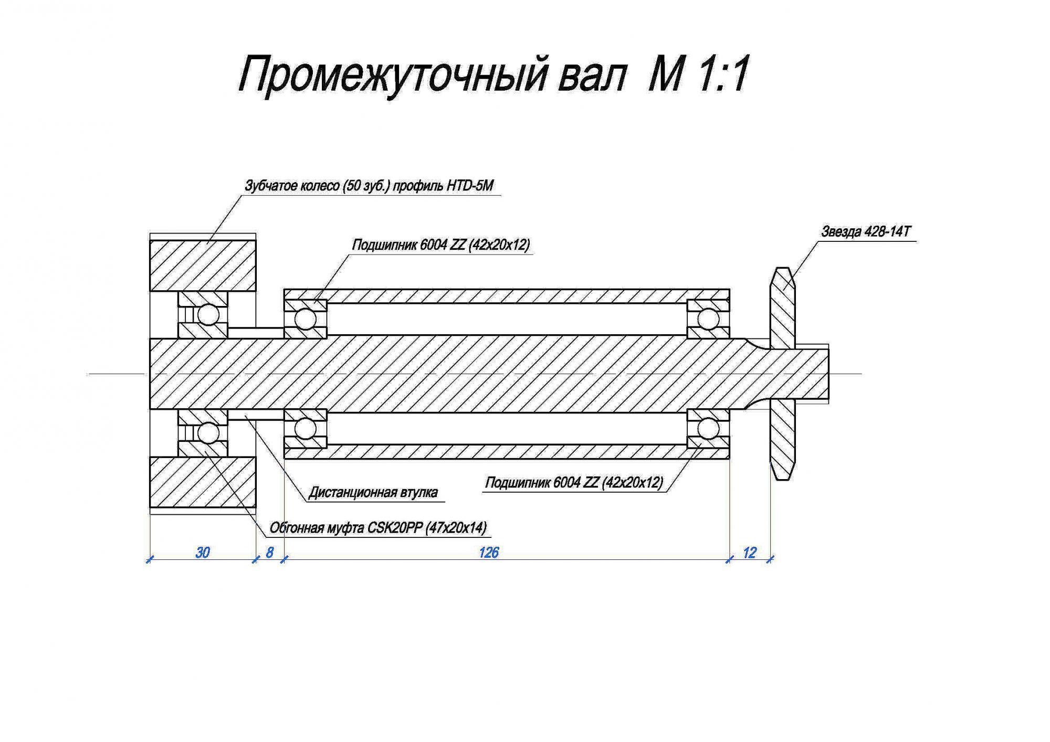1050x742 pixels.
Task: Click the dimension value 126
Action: pyautogui.click(x=488, y=552)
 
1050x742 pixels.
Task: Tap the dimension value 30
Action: pyautogui.click(x=203, y=552)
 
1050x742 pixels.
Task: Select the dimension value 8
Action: pyautogui.click(x=269, y=552)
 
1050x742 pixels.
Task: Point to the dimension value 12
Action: pyautogui.click(x=750, y=552)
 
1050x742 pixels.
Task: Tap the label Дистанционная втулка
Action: pyautogui.click(x=373, y=492)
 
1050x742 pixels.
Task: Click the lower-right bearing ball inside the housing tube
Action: pyautogui.click(x=708, y=428)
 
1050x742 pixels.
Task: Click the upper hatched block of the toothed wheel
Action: pyautogui.click(x=203, y=266)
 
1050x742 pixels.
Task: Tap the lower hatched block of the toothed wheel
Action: pyautogui.click(x=203, y=482)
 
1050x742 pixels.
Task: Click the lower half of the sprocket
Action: pyautogui.click(x=782, y=440)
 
